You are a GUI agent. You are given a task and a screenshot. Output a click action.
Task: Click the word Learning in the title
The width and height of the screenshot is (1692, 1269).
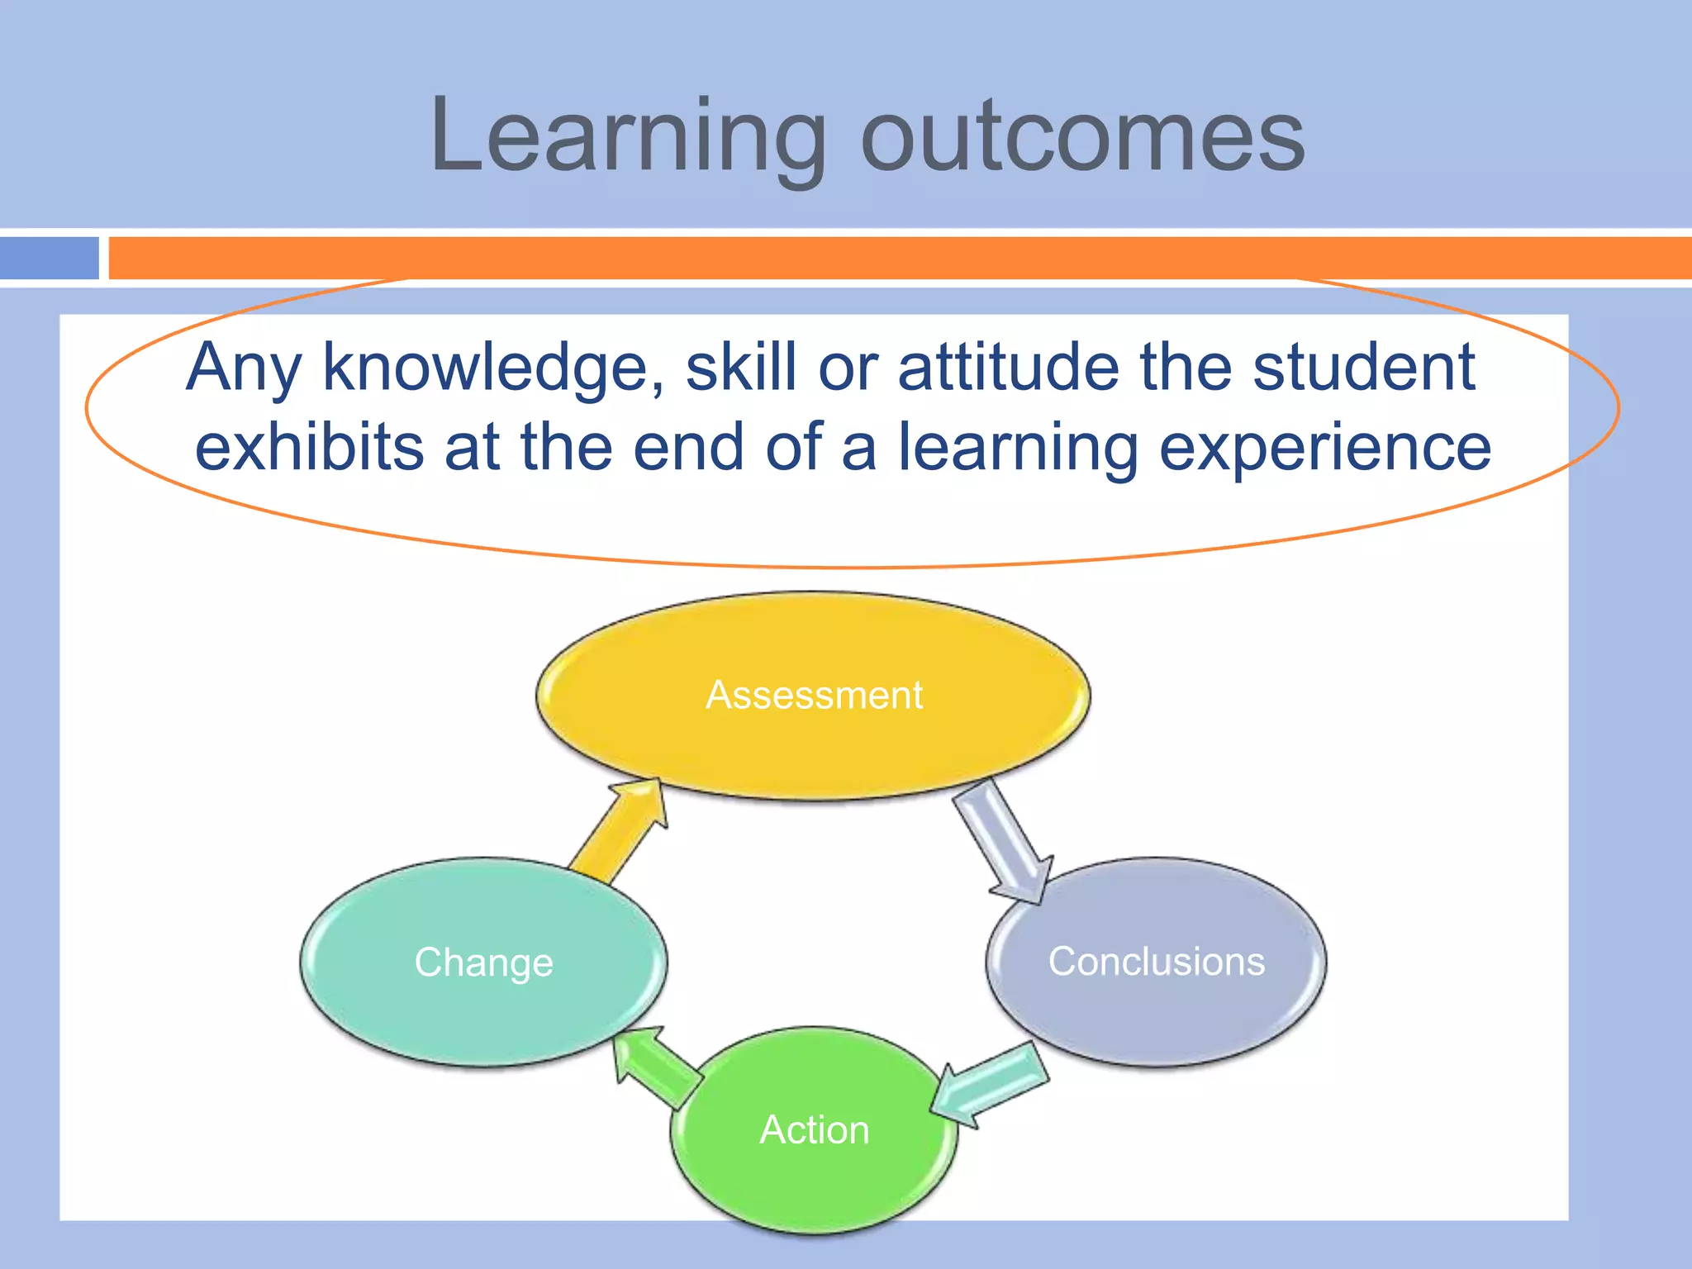(628, 136)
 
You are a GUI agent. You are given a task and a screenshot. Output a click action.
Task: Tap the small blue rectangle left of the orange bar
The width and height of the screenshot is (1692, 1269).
(49, 258)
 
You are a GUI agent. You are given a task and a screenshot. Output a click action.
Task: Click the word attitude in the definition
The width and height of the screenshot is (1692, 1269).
(1008, 368)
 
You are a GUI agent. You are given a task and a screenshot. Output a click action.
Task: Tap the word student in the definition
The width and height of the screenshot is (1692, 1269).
(1363, 368)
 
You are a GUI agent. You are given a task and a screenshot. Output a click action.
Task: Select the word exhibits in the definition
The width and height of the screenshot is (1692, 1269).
(310, 447)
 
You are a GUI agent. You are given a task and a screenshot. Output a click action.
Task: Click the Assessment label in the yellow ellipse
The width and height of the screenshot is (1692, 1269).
(814, 695)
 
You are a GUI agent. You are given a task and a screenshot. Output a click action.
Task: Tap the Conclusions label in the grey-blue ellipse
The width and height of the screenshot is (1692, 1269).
(1156, 962)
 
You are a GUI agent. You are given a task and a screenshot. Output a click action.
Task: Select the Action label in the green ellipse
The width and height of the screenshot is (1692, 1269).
(814, 1129)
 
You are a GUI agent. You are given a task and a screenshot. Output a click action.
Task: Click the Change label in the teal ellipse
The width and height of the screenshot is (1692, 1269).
(483, 962)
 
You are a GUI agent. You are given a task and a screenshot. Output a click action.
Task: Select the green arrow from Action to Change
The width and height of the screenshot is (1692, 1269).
(657, 1066)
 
